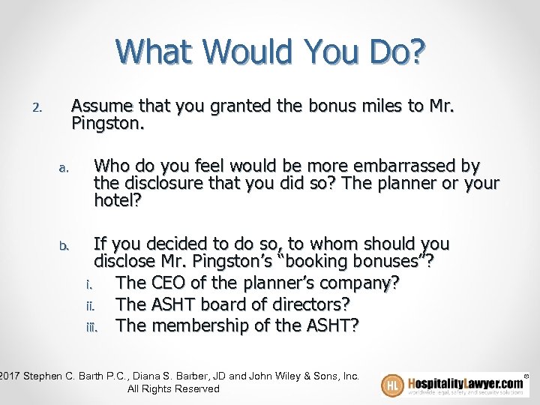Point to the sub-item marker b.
(63, 245)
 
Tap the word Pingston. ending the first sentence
(104, 123)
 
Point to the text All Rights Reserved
(173, 388)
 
